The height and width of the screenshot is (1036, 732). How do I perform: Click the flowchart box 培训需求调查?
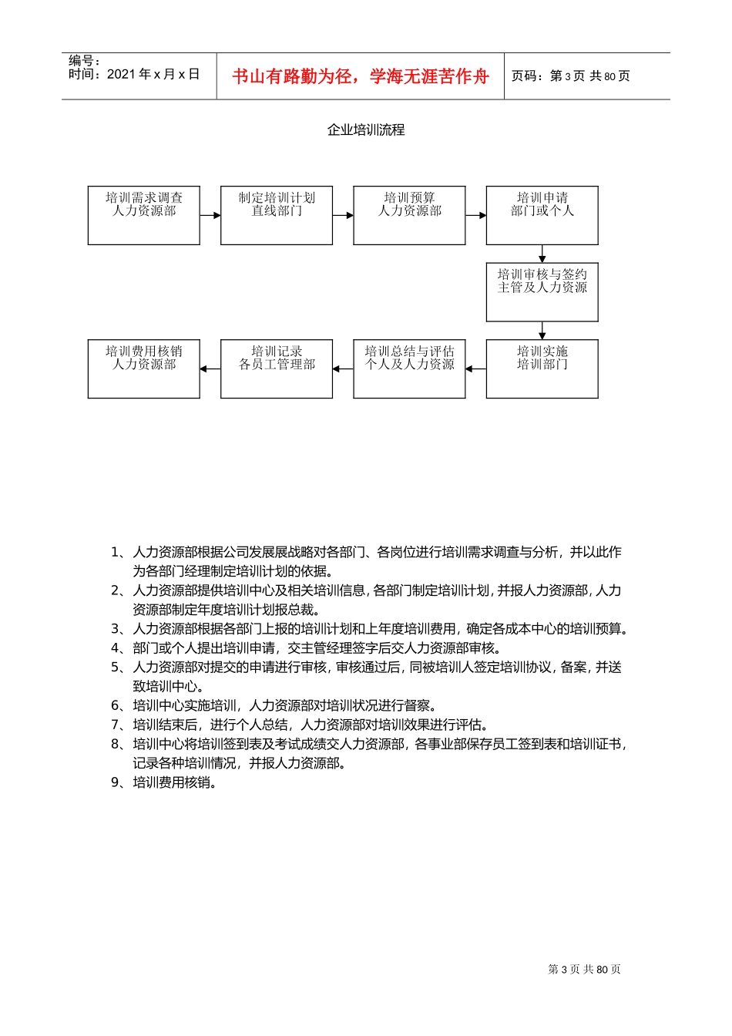pos(144,215)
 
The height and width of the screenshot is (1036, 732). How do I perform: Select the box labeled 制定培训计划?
pos(277,215)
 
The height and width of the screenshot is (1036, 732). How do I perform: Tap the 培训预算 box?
pos(409,215)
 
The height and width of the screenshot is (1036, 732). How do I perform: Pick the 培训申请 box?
pos(542,215)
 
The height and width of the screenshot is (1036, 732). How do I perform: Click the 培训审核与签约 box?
pos(542,292)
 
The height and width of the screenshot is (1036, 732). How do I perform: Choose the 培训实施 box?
pos(542,368)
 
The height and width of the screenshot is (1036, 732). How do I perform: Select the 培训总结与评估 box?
pos(409,368)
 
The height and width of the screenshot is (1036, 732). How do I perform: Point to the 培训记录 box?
pos(277,368)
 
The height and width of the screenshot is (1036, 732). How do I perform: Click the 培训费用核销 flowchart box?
pos(144,368)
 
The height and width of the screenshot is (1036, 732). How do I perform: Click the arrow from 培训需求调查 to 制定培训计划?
pos(210,215)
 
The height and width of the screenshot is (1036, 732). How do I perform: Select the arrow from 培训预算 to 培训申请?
pos(475,215)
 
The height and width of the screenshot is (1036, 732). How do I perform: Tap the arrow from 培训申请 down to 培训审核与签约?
pos(542,254)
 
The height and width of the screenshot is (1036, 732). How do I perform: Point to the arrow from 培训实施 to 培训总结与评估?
pos(475,368)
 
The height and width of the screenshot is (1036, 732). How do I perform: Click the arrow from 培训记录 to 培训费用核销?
pos(210,368)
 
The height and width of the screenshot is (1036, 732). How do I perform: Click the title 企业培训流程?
pos(366,129)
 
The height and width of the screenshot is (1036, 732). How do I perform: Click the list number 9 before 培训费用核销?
pos(115,782)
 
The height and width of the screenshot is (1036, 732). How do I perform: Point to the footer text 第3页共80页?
pos(584,969)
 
